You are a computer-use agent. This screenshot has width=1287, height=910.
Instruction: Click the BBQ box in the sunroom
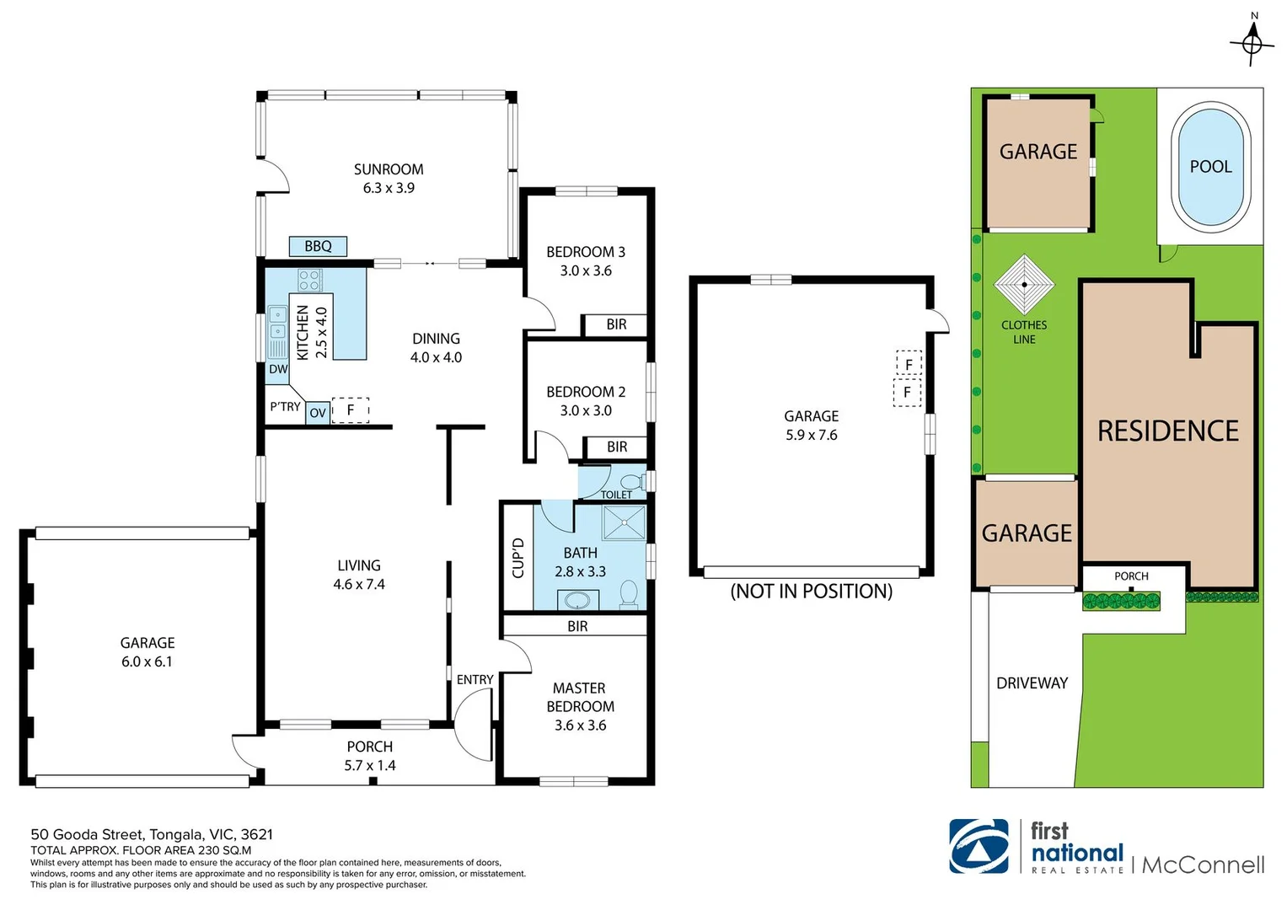pos(318,246)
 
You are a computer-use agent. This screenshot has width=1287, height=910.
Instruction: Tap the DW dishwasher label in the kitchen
pos(278,369)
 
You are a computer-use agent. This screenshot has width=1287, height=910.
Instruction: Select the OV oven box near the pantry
pos(318,413)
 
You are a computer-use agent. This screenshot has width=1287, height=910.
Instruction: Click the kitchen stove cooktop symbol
pos(309,281)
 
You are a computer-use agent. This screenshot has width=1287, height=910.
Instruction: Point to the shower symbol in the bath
pos(624,522)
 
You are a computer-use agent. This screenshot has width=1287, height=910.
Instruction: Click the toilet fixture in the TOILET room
pos(631,481)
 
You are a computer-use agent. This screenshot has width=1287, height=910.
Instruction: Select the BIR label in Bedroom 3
pos(616,324)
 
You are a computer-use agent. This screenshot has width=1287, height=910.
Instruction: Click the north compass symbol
pos(1253,44)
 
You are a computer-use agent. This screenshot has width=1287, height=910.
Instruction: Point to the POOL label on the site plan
pos(1210,167)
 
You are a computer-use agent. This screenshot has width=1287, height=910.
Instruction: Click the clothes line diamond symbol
pos(1024,285)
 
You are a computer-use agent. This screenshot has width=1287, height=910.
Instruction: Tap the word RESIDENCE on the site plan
pos(1168,431)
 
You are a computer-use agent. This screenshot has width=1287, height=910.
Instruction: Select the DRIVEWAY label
pos(1032,683)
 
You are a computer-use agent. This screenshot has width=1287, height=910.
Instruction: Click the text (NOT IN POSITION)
pos(812,591)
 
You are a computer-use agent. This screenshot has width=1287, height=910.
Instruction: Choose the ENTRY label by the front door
pos(475,680)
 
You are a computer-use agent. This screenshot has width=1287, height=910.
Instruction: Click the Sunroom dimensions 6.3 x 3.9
pos(389,188)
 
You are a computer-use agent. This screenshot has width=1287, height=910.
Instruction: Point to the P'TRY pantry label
pos(286,407)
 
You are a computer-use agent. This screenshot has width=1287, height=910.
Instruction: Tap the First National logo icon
pos(979,846)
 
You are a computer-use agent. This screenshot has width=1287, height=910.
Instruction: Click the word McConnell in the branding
pos(1203,864)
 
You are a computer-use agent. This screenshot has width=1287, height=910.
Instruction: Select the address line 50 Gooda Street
pos(152,834)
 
